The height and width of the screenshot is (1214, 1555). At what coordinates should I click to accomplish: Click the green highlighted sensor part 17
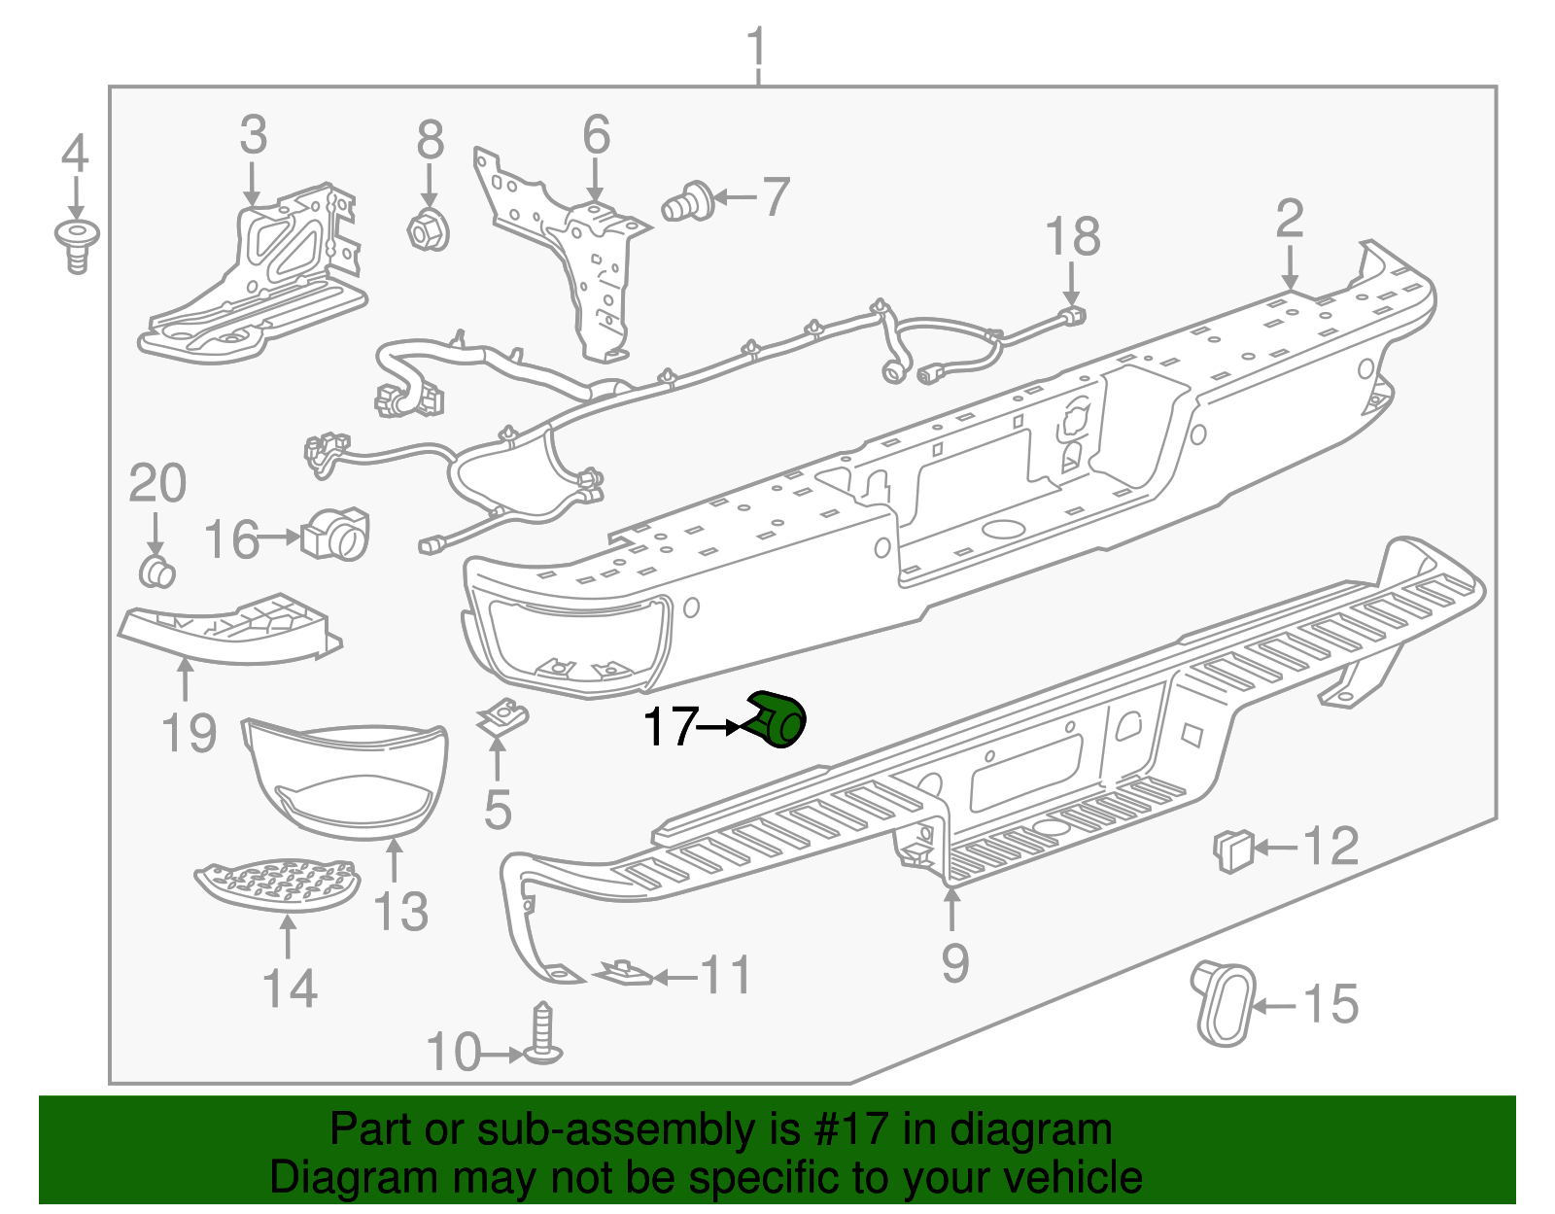pos(777,720)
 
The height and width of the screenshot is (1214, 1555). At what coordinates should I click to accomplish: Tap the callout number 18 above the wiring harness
pos(1072,236)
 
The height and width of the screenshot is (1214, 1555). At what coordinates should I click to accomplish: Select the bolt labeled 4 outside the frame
pos(76,243)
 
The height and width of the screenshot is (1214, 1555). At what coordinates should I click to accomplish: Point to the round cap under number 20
pos(156,572)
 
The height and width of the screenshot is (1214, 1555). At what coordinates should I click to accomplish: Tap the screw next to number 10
pos(543,1036)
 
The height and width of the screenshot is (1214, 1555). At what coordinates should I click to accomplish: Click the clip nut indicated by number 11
pos(623,973)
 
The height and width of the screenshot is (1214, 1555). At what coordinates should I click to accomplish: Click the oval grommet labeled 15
pos(1225,1004)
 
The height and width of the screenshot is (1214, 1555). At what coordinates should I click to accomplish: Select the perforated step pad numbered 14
pos(278,884)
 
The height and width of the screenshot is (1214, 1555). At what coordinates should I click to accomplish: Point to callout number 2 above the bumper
pos(1289,220)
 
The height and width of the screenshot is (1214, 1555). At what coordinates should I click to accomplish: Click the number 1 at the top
pos(756,48)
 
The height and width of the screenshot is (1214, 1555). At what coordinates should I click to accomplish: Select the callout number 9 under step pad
pos(954,962)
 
